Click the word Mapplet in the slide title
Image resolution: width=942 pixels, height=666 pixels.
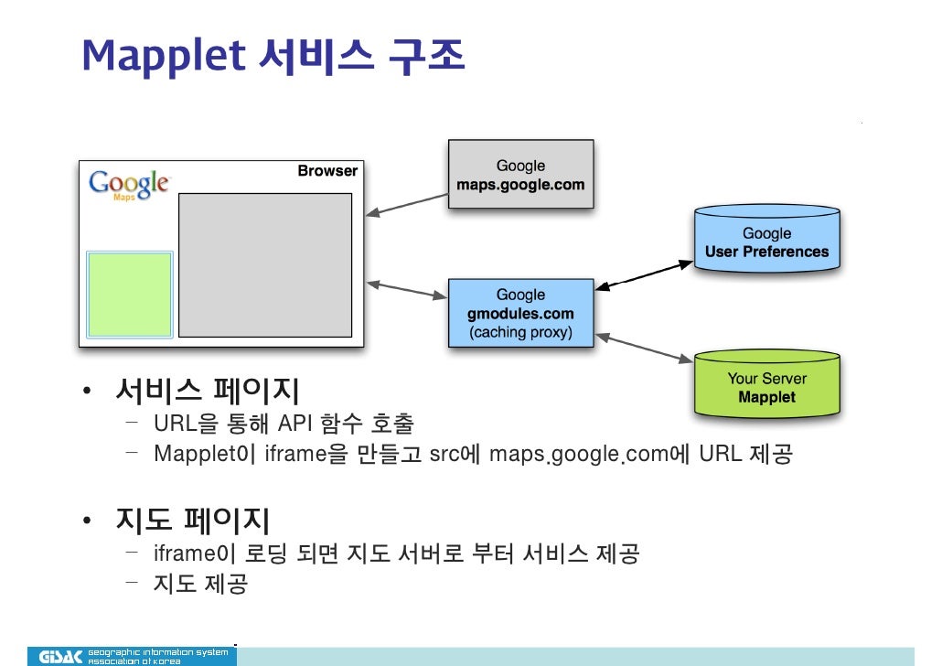click(x=164, y=56)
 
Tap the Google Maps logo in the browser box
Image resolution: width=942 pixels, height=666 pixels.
click(x=128, y=184)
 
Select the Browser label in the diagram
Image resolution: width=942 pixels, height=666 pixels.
click(x=327, y=171)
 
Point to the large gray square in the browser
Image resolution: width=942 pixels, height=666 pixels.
click(x=264, y=265)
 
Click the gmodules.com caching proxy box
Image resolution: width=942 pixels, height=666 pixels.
click(x=520, y=313)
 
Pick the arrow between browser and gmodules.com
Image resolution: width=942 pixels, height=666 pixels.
click(x=406, y=290)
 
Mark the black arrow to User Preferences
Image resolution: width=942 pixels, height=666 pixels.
click(x=644, y=275)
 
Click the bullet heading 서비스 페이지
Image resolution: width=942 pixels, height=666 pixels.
click(x=207, y=392)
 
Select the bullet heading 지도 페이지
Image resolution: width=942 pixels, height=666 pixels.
click(x=192, y=521)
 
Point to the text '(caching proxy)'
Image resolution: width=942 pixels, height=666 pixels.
click(x=520, y=332)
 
